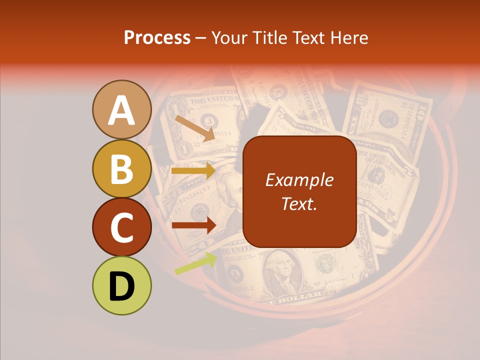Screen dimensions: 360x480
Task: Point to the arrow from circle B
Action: coord(194,171)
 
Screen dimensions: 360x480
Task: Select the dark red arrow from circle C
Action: coord(194,225)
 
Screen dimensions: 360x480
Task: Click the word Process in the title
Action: coord(157,37)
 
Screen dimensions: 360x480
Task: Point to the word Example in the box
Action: coord(299,180)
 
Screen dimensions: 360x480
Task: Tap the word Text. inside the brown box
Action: coord(299,203)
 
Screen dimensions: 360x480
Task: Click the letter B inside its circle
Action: coord(122,168)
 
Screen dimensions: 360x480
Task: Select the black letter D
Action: coord(122,286)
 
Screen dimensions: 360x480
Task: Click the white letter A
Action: coord(122,110)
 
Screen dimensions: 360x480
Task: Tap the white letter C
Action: coord(122,227)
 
